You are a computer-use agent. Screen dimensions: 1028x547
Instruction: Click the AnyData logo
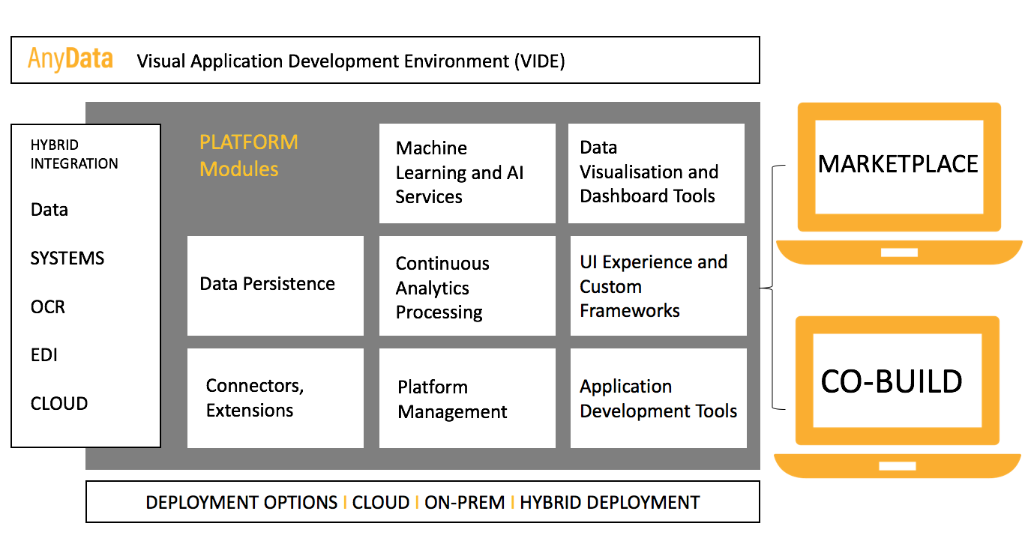tap(70, 59)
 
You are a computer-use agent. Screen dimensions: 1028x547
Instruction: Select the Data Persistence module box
tap(275, 285)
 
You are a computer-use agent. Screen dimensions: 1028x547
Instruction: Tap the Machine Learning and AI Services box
tap(467, 173)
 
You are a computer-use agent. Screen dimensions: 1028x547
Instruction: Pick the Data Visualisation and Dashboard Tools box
tap(656, 173)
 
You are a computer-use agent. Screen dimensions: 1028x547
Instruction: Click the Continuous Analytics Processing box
tap(467, 285)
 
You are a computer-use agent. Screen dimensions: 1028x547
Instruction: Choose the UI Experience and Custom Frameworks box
tap(658, 285)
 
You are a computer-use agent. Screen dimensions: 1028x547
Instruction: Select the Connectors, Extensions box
tap(275, 398)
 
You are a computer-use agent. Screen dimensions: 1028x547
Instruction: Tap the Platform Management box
tap(467, 398)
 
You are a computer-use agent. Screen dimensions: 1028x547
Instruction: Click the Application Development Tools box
tap(658, 398)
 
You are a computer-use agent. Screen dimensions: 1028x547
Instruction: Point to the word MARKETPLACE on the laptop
tap(898, 164)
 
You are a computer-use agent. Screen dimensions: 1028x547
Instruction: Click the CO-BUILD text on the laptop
tap(892, 381)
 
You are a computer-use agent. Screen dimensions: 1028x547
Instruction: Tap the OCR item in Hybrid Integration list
tap(48, 306)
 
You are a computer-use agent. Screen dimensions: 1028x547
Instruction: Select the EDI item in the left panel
tap(44, 355)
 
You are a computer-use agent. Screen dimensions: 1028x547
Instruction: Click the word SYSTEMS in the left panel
tap(67, 259)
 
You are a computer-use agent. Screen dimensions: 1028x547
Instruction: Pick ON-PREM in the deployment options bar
tap(464, 503)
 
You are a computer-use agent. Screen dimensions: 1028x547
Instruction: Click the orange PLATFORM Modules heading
tap(249, 155)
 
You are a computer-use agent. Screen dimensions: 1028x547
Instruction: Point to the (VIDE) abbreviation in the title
tap(540, 61)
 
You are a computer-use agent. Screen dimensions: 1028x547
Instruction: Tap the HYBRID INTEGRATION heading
tap(74, 154)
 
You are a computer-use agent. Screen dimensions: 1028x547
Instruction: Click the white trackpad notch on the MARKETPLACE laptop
tap(899, 253)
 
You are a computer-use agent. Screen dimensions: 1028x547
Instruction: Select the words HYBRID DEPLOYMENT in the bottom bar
tap(610, 503)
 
